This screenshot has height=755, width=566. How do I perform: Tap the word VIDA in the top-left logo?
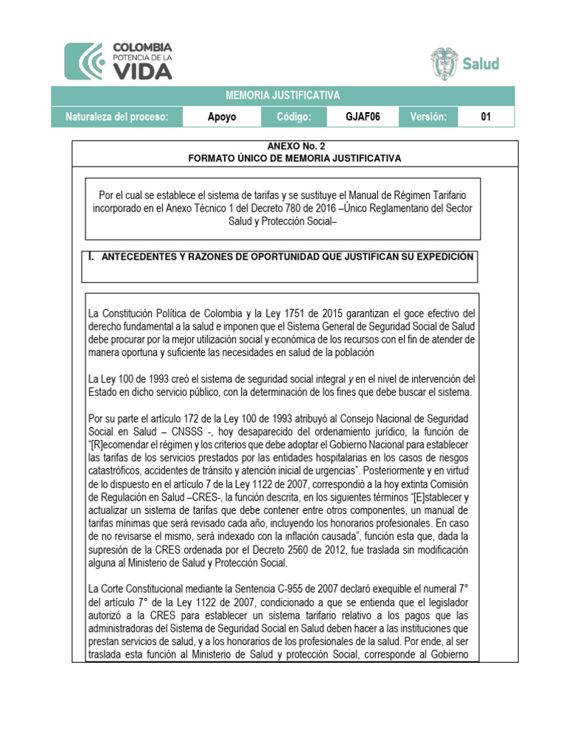[x=142, y=71]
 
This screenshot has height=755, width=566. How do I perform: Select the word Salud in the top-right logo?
[x=481, y=63]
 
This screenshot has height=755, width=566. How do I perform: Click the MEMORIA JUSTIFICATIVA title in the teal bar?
[x=293, y=96]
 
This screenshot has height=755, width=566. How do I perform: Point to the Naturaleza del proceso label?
[x=118, y=117]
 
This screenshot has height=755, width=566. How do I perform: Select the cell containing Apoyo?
[x=221, y=117]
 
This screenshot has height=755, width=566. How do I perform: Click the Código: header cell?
[x=299, y=117]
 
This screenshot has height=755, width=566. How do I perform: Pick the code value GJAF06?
[x=363, y=117]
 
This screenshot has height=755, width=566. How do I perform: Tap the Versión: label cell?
[x=427, y=117]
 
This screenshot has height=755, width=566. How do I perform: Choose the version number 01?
[x=486, y=117]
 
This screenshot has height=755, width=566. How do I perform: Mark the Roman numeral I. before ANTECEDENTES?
[x=91, y=257]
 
